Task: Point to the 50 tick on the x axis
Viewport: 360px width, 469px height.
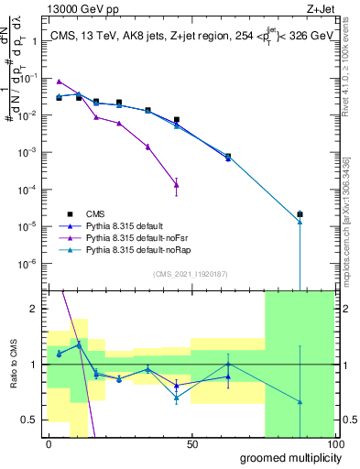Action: click(x=192, y=444)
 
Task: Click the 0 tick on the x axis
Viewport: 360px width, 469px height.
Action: click(x=49, y=444)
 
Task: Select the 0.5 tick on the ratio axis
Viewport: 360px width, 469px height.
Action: click(x=33, y=420)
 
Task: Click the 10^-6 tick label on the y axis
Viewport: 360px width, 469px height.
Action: click(x=29, y=263)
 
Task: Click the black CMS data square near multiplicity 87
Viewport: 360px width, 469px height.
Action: click(x=300, y=214)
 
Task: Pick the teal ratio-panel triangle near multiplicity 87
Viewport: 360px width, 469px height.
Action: click(x=300, y=401)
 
